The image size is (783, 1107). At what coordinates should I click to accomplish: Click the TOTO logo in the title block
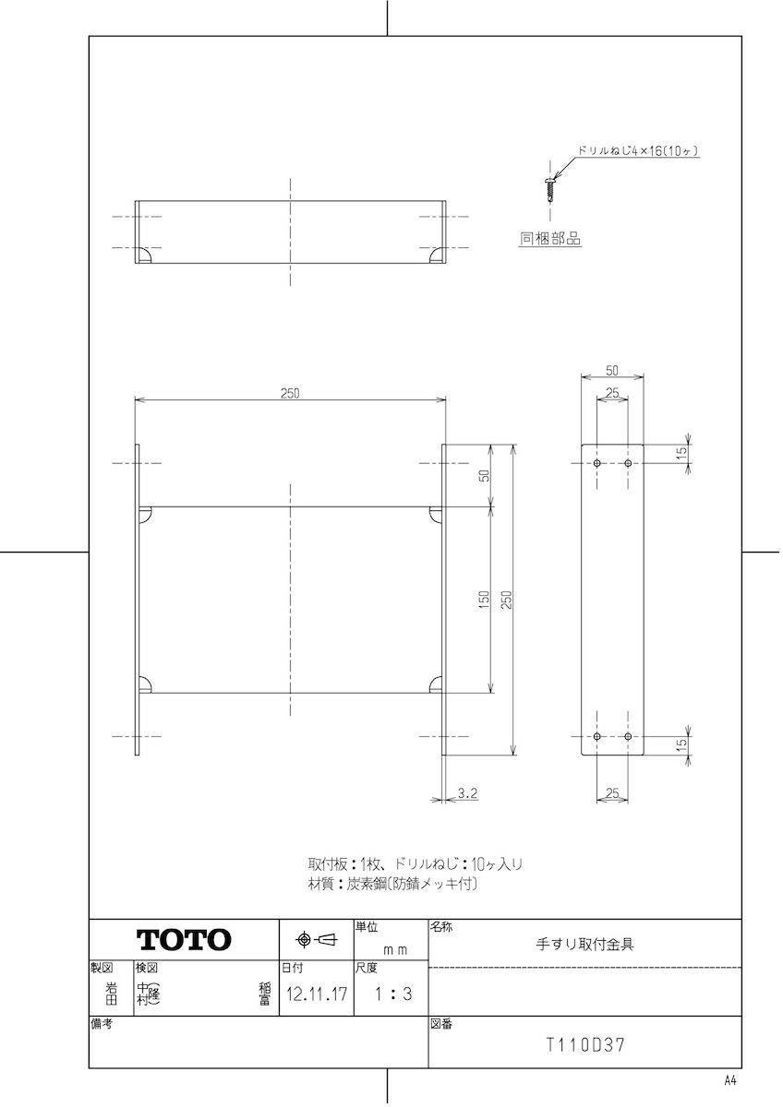pos(184,939)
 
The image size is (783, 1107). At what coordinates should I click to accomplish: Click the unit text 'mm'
pos(395,950)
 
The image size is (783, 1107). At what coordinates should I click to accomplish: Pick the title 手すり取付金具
pos(584,944)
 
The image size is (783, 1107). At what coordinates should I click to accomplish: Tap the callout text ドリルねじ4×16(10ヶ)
pos(638,151)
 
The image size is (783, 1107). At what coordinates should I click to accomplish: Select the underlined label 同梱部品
pos(549,239)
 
